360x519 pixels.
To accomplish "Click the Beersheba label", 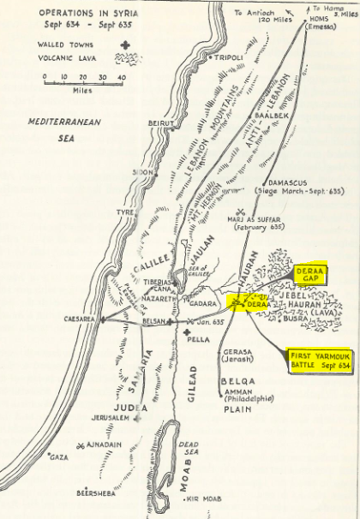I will click(x=95, y=494).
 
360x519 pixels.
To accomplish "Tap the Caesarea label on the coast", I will click(x=80, y=319).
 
